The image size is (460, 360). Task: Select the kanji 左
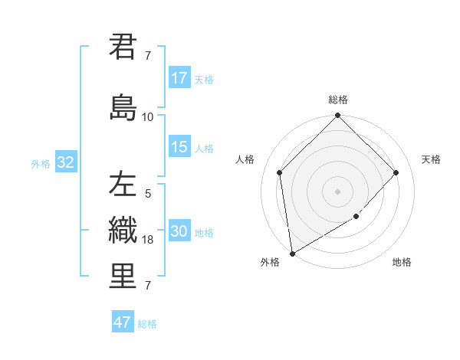click(123, 185)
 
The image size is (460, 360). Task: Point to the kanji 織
click(123, 230)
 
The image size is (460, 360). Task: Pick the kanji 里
click(123, 276)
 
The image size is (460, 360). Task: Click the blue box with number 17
click(179, 78)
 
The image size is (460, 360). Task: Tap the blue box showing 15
click(179, 147)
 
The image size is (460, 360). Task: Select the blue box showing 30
click(179, 231)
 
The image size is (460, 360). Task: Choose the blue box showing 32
click(66, 162)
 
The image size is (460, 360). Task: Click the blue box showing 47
click(123, 322)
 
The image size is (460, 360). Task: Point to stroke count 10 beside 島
click(147, 117)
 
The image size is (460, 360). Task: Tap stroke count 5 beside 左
click(148, 194)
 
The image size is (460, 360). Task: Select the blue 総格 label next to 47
click(147, 324)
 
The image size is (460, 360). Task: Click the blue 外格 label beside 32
click(41, 163)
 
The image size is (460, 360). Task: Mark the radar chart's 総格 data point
click(337, 116)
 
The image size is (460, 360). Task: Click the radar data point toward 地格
click(356, 218)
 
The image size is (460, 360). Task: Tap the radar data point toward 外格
click(292, 253)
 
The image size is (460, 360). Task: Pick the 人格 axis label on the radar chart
click(245, 159)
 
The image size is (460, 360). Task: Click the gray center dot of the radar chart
click(337, 191)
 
